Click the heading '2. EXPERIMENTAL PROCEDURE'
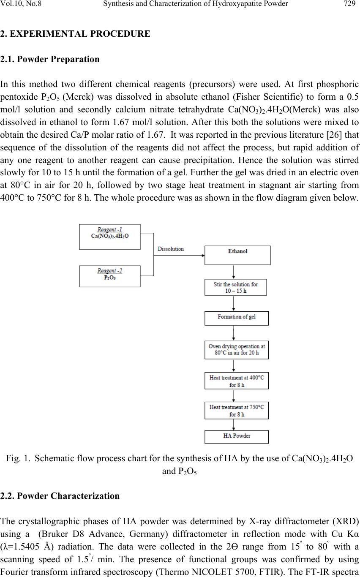[75, 34]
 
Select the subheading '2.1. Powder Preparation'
[50, 59]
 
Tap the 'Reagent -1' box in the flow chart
[110, 237]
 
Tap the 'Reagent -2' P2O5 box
[110, 276]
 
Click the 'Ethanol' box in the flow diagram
[237, 255]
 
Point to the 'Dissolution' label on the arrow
[171, 249]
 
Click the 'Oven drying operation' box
[236, 350]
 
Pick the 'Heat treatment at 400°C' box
[236, 381]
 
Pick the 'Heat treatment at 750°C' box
[236, 411]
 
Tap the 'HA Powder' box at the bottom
[236, 436]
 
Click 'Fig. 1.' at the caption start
[16, 459]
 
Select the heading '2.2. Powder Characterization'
[60, 496]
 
